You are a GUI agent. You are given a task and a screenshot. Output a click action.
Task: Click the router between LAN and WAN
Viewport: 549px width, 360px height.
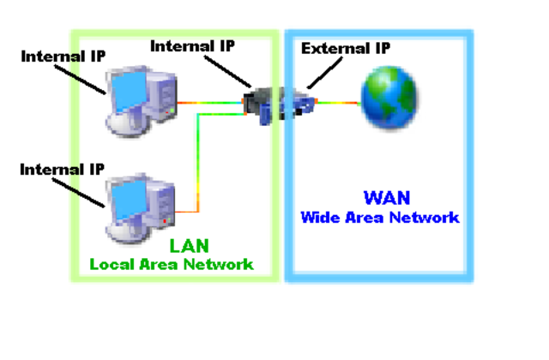[278, 102]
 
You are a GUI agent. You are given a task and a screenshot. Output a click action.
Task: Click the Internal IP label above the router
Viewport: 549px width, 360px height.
[193, 45]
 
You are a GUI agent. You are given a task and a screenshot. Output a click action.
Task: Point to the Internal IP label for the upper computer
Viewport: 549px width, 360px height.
[63, 57]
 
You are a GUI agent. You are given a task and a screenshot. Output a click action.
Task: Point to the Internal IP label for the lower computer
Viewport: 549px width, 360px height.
[63, 169]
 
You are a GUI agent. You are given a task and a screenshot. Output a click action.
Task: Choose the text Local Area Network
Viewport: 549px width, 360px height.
[172, 264]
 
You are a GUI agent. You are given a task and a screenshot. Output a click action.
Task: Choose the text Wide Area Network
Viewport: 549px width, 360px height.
[379, 217]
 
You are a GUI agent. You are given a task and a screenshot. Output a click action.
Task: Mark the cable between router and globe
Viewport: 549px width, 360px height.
[339, 103]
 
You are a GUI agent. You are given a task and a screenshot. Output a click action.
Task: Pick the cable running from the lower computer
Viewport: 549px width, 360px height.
[199, 163]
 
